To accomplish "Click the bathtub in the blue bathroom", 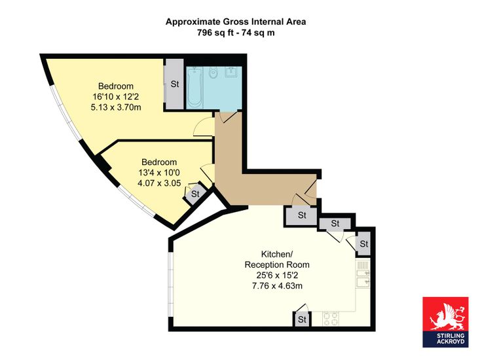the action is coord(194,88).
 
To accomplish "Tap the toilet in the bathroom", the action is coord(213,73).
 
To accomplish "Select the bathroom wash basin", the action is coord(231,72).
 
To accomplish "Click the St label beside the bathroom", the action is coord(175,84).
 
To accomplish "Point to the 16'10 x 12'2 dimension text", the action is coord(116,97).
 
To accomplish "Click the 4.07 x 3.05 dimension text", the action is coord(159,183).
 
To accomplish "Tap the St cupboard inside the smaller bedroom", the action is coord(195,194).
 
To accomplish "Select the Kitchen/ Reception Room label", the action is coord(277,259).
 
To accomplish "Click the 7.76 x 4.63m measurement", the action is coord(277,286).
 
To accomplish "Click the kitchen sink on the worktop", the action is coord(363,278).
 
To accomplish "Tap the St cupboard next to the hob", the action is coord(302,319).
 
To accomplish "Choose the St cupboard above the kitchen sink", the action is coord(363,244).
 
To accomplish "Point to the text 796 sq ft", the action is coord(215,33).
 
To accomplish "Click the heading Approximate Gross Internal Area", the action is coord(236,22).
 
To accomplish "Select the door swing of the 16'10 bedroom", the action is coord(203,127).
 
